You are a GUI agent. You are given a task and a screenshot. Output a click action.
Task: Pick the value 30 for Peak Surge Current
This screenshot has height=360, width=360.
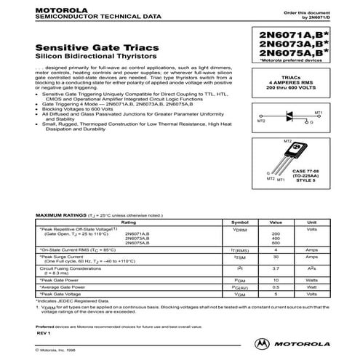(x=275, y=257)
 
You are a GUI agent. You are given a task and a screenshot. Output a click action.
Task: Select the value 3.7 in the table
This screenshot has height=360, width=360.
(x=275, y=269)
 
